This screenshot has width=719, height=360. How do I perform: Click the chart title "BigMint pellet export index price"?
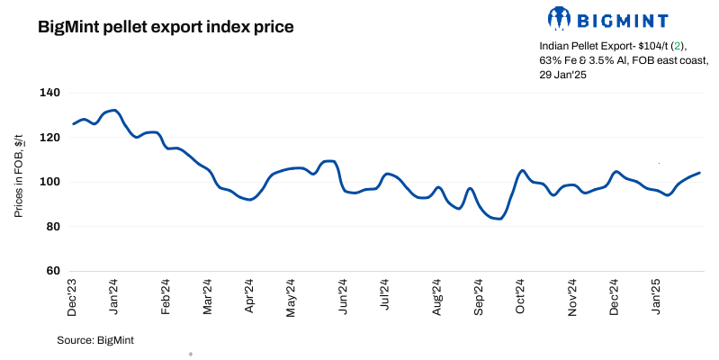coord(166,27)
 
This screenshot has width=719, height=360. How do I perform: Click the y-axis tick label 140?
coord(49,93)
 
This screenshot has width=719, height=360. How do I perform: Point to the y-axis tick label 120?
coord(49,138)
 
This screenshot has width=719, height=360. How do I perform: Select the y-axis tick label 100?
coord(49,182)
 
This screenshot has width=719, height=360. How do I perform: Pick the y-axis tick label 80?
coord(52,227)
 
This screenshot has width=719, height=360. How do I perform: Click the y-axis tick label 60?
coord(52,271)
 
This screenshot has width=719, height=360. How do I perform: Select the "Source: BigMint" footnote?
coord(95,340)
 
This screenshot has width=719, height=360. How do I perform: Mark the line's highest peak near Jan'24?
coord(113,110)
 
